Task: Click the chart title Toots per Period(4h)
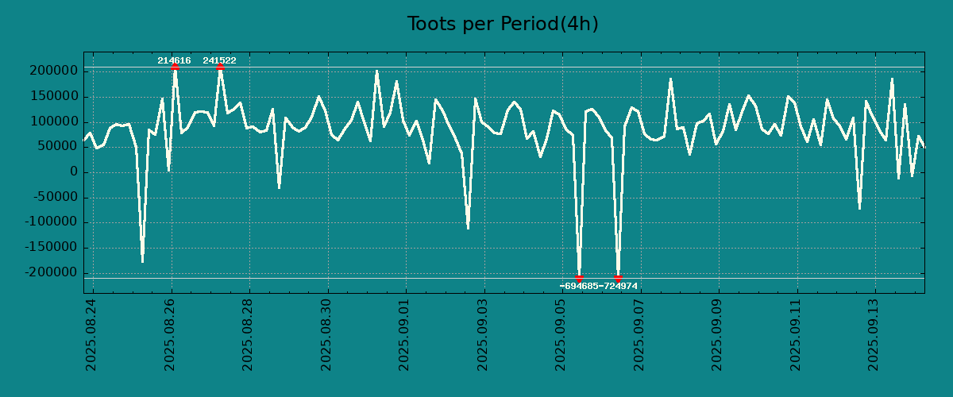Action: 503,24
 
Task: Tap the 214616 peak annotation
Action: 174,60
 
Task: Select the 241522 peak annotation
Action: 219,60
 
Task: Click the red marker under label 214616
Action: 175,67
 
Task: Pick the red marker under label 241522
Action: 220,67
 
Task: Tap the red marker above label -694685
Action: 580,278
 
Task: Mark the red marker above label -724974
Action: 618,278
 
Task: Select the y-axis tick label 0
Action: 73,172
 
